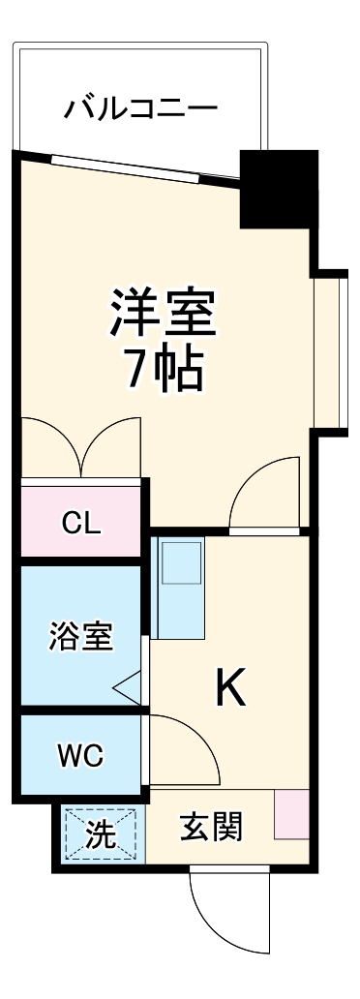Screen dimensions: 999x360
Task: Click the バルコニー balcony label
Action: click(140, 108)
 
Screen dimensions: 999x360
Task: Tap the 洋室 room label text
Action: click(162, 312)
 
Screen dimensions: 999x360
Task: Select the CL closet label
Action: click(80, 523)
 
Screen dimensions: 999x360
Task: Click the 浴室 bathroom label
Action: click(80, 636)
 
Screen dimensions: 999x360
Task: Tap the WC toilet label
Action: click(80, 755)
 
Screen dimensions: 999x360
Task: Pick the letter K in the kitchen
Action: click(229, 688)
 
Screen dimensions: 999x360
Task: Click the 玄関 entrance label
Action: click(211, 828)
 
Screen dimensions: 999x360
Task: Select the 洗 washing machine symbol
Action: click(101, 833)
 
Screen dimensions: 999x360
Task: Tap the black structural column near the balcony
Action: click(278, 189)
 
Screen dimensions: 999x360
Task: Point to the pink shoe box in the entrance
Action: click(291, 815)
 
